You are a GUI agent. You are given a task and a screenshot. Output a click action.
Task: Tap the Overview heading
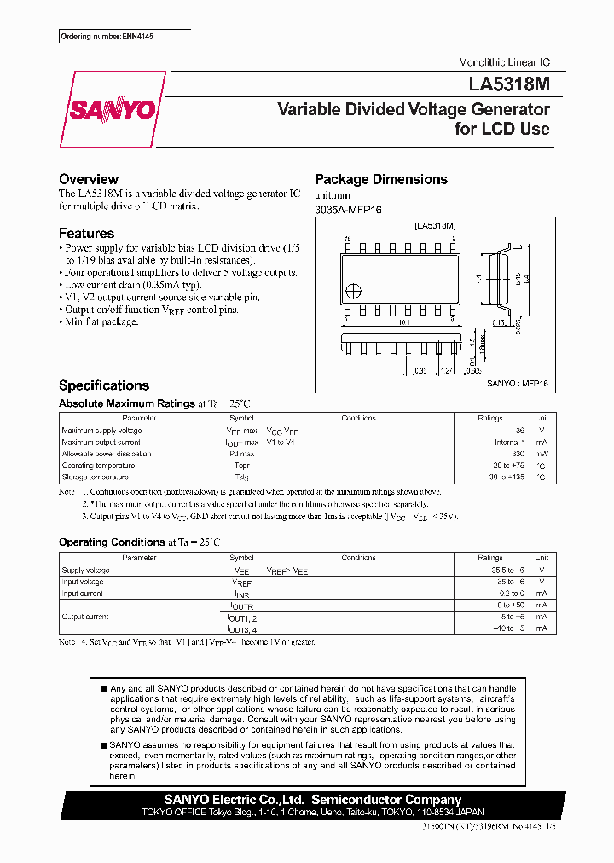[x=88, y=179]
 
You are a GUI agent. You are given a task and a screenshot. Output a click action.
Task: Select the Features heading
[x=86, y=233]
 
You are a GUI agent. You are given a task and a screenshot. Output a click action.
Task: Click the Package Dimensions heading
[x=380, y=179]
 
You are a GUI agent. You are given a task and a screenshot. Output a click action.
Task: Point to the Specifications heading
[x=103, y=385]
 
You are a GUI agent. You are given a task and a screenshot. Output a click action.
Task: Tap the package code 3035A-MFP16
[x=345, y=210]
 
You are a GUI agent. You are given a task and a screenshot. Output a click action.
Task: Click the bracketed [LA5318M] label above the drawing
[x=436, y=225]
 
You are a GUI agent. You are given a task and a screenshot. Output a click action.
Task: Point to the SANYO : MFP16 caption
[x=518, y=385]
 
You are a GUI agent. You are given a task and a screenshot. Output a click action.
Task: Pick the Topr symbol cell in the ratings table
[x=241, y=466]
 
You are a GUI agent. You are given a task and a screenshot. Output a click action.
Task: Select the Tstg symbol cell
[x=241, y=478]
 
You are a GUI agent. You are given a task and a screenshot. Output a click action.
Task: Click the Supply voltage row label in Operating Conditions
[x=85, y=570]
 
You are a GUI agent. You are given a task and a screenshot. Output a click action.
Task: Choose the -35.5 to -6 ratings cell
[x=502, y=570]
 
